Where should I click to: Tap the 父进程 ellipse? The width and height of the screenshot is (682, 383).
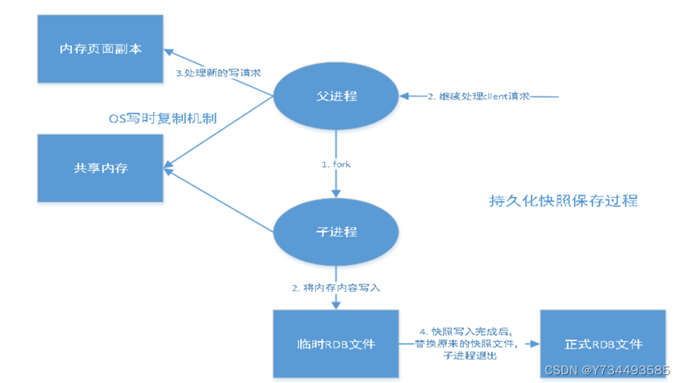[x=336, y=96]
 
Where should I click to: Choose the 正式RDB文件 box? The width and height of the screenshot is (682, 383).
[x=603, y=344]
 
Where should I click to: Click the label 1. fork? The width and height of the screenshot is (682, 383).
[x=336, y=164]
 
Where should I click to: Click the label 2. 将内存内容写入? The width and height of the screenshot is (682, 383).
[x=337, y=288]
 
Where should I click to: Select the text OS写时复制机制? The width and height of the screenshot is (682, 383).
[x=162, y=118]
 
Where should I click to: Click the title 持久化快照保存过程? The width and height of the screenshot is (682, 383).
[x=563, y=200]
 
